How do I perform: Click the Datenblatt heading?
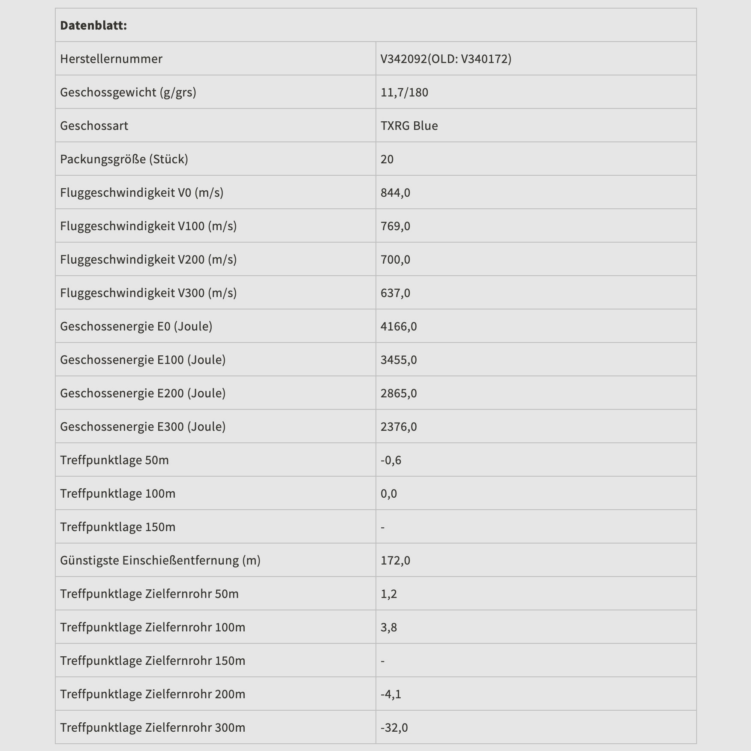point(93,25)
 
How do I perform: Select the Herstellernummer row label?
point(111,59)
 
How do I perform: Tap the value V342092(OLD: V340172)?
point(446,59)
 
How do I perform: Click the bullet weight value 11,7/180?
point(404,92)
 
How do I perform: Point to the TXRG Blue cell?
point(409,126)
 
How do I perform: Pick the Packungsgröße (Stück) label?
point(124,159)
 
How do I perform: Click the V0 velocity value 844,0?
point(395,192)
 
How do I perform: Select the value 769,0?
point(395,226)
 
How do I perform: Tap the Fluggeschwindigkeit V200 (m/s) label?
point(148,259)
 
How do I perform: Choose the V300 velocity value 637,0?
point(395,293)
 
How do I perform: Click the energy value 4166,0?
point(399,326)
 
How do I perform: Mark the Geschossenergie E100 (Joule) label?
point(143,360)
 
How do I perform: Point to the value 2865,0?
point(399,393)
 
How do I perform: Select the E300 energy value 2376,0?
point(399,427)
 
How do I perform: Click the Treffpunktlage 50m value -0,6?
point(391,460)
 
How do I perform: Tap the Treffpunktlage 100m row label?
point(117,493)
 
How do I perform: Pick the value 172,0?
point(395,560)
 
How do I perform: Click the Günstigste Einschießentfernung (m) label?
point(160,560)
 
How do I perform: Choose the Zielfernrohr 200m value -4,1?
point(391,694)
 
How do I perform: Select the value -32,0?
point(394,727)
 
